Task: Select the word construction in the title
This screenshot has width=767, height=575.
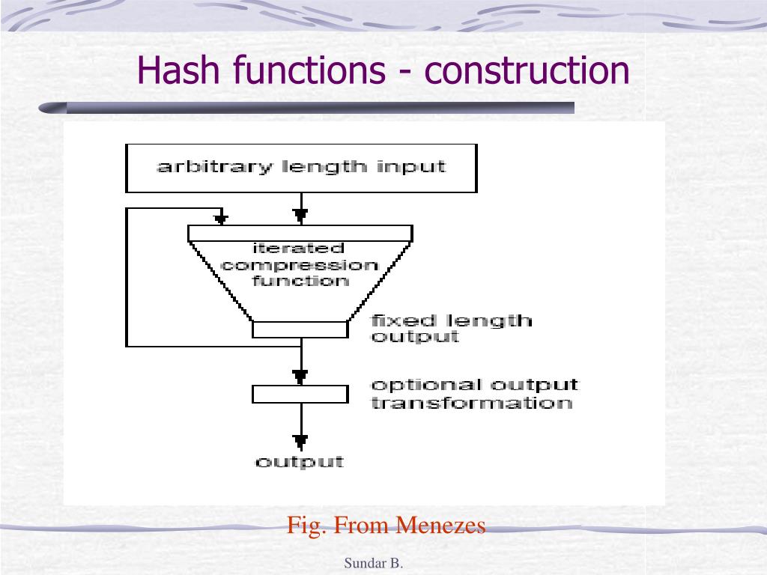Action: point(527,70)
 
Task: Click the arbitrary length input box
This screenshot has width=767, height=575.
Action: point(301,168)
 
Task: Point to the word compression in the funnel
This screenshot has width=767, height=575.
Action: point(300,265)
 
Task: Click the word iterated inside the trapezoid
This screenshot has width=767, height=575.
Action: point(298,249)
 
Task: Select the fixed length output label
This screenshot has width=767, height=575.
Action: point(452,329)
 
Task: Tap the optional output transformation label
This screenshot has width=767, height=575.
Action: point(475,394)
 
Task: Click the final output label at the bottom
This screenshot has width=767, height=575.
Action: point(300,461)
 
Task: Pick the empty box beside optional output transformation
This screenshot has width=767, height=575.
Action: point(300,394)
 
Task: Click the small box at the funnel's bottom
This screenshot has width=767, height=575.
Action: point(300,329)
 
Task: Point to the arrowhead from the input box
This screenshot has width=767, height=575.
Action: point(301,216)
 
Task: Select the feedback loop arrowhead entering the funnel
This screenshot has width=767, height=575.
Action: point(221,219)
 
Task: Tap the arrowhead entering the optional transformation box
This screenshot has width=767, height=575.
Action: point(301,375)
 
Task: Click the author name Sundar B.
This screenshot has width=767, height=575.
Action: point(374,564)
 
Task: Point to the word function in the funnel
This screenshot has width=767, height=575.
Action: point(300,282)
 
